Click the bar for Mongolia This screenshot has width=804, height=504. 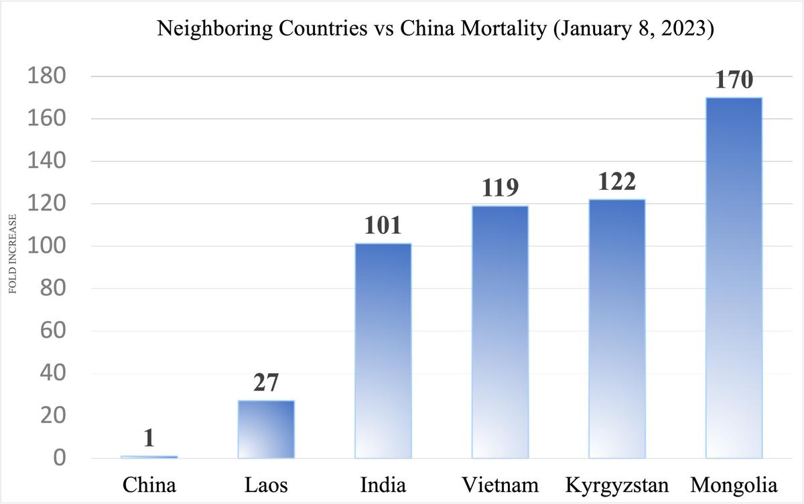734,278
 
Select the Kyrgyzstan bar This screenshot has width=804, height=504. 616,328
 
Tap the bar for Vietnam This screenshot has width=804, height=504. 500,332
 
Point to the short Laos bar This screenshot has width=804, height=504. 266,430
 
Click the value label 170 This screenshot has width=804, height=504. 734,80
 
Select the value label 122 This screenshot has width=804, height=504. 616,182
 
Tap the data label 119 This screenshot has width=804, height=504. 500,188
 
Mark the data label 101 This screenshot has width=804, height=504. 383,226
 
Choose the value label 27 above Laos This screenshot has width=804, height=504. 266,383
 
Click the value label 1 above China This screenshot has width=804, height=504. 149,438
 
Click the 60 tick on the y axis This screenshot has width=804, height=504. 53,331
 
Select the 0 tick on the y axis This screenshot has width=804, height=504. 60,458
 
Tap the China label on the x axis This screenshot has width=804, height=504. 149,484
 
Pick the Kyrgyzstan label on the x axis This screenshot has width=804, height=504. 616,484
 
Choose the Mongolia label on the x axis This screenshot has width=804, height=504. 734,484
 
